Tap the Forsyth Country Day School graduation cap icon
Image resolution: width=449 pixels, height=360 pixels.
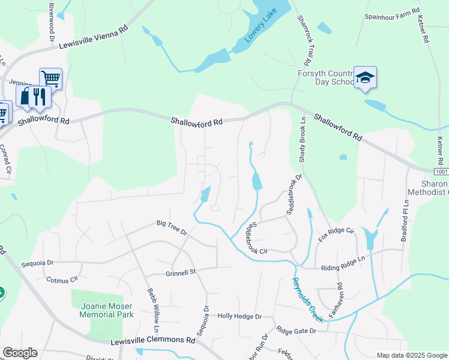point(365,78)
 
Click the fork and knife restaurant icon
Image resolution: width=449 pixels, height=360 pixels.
point(39,97)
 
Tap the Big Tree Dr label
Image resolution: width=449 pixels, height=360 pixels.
point(172,227)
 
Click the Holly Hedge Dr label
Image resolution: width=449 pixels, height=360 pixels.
point(240,316)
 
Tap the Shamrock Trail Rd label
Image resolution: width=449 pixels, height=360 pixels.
point(303,40)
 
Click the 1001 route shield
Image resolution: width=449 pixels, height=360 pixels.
point(440,171)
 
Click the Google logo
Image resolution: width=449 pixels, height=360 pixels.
point(20,353)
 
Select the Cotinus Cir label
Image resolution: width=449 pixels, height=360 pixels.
point(62,278)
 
